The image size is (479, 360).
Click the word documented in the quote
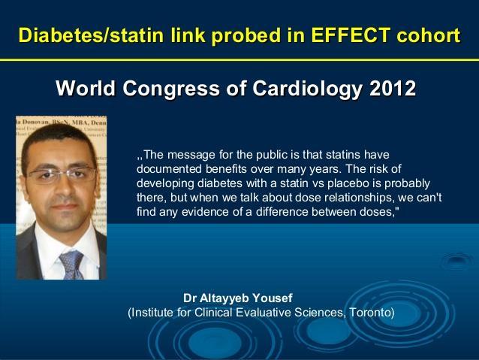tap(169, 169)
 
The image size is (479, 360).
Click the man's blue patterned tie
tap(71, 265)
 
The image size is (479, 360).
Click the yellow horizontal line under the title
tap(239, 59)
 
